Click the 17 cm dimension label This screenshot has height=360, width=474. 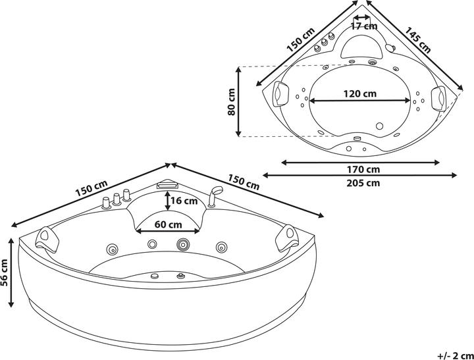click(364, 26)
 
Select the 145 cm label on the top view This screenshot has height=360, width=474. click(418, 40)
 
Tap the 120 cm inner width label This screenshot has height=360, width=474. click(360, 93)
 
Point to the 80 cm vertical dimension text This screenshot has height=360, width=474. click(232, 102)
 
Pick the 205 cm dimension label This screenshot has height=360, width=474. click(360, 184)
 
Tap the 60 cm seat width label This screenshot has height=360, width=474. click(169, 224)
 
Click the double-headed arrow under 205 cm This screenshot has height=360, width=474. click(360, 176)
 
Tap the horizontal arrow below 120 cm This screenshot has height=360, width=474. click(360, 101)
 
